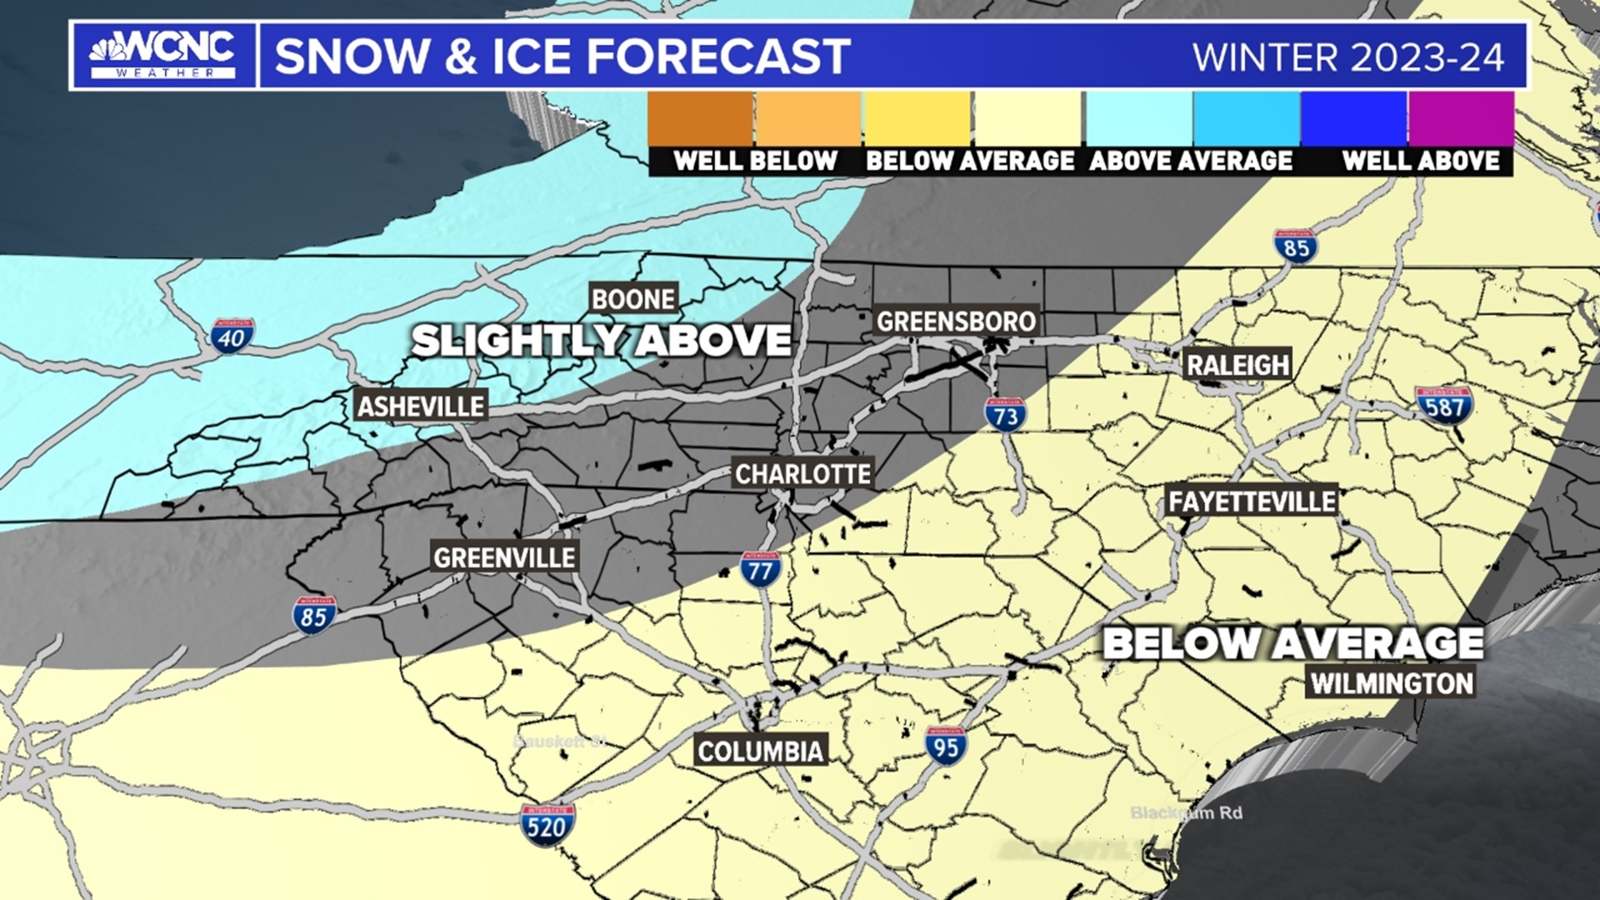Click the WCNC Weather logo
[162, 55]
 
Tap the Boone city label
[633, 298]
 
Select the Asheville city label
[421, 406]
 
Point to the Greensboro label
[957, 321]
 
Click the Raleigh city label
[1237, 364]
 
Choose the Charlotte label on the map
[802, 474]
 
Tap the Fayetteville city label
[1252, 501]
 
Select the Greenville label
[504, 557]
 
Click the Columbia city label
[760, 751]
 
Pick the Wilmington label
[1392, 683]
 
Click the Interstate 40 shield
[232, 336]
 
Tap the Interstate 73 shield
[1006, 414]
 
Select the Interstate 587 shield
[1443, 406]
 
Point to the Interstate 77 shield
[760, 569]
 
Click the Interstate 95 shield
[946, 746]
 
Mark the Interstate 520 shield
[547, 825]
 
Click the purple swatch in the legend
[1461, 119]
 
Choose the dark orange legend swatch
[700, 119]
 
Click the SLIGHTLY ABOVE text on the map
[601, 340]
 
